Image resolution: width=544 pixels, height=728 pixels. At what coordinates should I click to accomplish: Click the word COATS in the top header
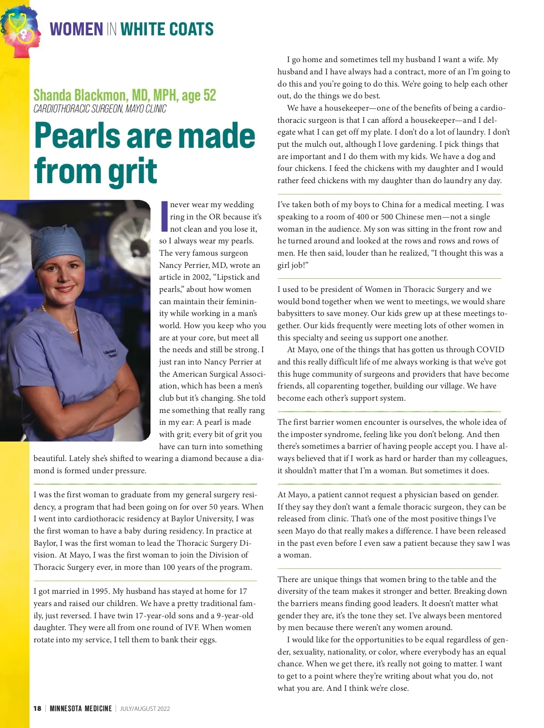(x=189, y=29)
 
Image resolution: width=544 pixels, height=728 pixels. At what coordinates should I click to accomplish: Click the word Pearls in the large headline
(x=77, y=136)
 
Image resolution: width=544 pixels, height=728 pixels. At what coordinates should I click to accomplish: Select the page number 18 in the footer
(x=37, y=709)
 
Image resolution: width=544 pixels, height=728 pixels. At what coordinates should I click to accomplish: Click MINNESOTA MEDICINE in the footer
(x=81, y=709)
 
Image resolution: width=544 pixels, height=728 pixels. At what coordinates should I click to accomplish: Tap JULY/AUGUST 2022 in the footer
(x=145, y=709)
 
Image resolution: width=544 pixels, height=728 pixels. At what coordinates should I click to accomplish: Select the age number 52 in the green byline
(x=209, y=95)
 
